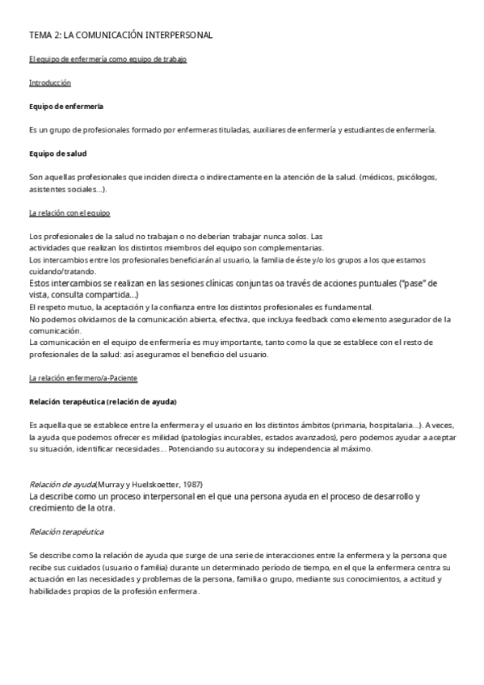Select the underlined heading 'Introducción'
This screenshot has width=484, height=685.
tap(50, 82)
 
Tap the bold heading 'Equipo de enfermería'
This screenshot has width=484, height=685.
tap(65, 106)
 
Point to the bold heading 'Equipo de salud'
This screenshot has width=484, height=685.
tap(58, 153)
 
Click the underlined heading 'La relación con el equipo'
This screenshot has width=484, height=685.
tap(69, 212)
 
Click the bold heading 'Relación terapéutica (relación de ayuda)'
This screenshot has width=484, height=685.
tap(103, 401)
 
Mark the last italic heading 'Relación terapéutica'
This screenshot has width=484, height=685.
tap(66, 532)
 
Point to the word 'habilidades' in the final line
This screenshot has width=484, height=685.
tap(51, 590)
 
